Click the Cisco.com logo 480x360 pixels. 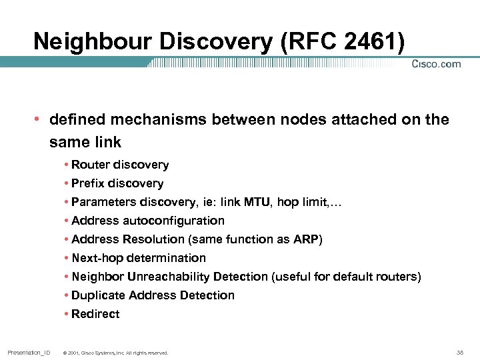[x=436, y=64]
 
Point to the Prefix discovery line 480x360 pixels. [x=117, y=183]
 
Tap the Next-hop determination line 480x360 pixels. [x=139, y=258]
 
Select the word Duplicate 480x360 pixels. [x=99, y=295]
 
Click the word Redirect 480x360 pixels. [x=95, y=314]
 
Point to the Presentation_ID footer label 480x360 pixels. [x=29, y=352]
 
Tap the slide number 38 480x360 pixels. [x=459, y=352]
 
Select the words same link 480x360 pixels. [x=85, y=143]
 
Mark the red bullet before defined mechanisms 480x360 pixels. [x=37, y=120]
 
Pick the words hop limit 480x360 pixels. [x=306, y=202]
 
